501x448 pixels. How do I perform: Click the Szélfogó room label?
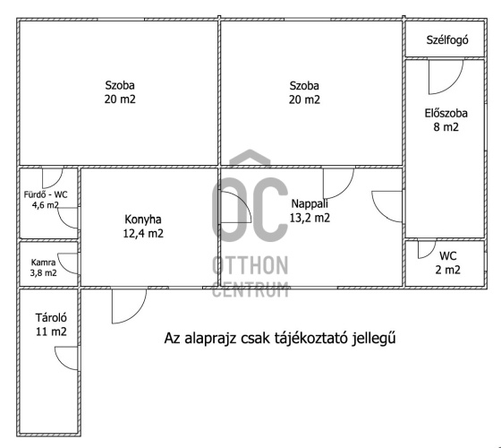click(447, 40)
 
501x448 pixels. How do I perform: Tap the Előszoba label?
click(446, 113)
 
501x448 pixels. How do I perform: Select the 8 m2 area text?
click(446, 127)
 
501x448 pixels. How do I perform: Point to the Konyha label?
click(143, 220)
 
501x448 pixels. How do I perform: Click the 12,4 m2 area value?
click(143, 233)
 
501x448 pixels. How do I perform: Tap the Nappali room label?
click(310, 203)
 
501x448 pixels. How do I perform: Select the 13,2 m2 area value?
click(310, 218)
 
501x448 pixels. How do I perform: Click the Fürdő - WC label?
click(46, 194)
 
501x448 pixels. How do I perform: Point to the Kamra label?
click(44, 263)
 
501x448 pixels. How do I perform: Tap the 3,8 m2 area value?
click(44, 273)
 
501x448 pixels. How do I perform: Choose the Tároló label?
click(51, 318)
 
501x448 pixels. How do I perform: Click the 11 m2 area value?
click(51, 332)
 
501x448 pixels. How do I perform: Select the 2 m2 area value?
click(447, 270)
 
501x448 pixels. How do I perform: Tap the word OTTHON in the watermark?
click(250, 265)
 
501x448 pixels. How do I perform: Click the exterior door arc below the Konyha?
click(136, 313)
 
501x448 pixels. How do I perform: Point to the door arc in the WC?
click(430, 254)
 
